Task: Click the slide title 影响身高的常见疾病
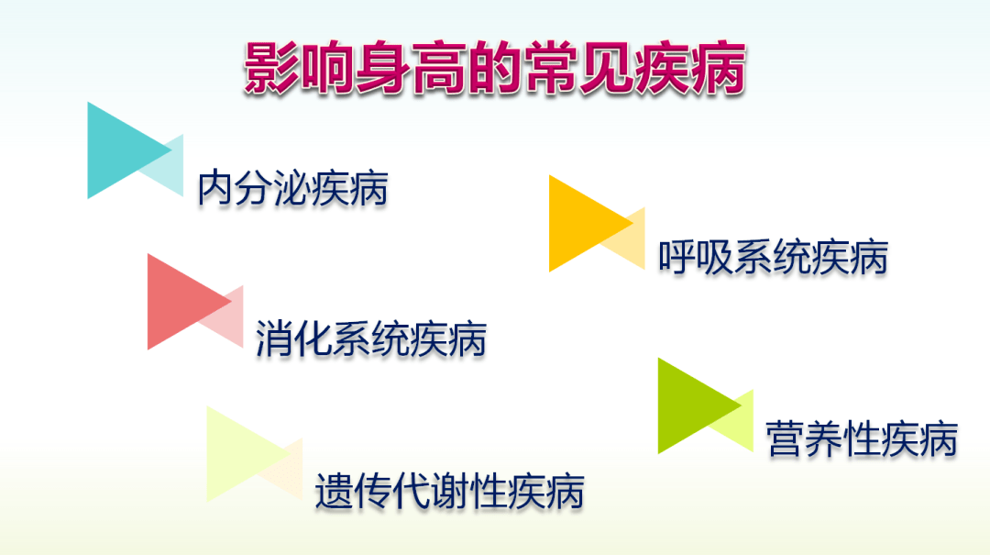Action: pyautogui.click(x=494, y=68)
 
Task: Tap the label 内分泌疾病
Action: pyautogui.click(x=292, y=188)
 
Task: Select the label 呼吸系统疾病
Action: pyautogui.click(x=773, y=257)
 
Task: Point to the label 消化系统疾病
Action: pyautogui.click(x=370, y=339)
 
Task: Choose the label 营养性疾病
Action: pyautogui.click(x=862, y=438)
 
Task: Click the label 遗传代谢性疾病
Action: pyautogui.click(x=449, y=491)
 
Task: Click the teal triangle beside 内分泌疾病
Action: pyautogui.click(x=129, y=150)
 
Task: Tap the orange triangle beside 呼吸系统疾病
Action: pyautogui.click(x=590, y=223)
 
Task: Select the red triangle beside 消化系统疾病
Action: pyautogui.click(x=189, y=302)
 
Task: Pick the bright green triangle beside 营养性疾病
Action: pyautogui.click(x=698, y=405)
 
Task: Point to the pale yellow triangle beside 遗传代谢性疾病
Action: pyautogui.click(x=247, y=454)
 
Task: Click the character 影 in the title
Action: pyautogui.click(x=271, y=68)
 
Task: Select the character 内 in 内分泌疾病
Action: pyautogui.click(x=215, y=188)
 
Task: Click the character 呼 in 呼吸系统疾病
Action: pyautogui.click(x=676, y=257)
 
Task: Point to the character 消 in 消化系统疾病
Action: pyautogui.click(x=274, y=339)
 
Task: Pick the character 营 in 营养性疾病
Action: pyautogui.click(x=785, y=438)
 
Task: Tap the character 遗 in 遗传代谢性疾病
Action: pyautogui.click(x=334, y=491)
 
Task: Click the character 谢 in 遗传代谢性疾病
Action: pyautogui.click(x=449, y=491)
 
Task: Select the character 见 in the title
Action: pyautogui.click(x=606, y=68)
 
